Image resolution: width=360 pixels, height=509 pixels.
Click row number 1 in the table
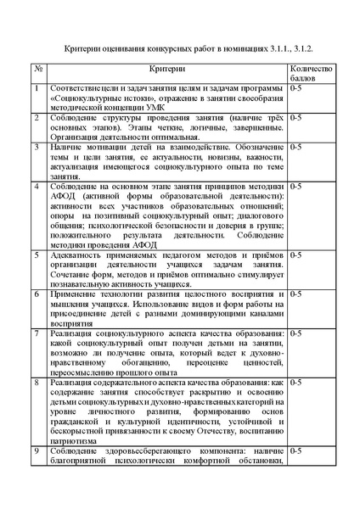pyautogui.click(x=37, y=87)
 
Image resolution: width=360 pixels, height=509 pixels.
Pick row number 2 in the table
pyautogui.click(x=37, y=115)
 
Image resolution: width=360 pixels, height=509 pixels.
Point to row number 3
pyautogui.click(x=37, y=146)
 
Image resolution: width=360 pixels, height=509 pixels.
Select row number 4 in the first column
pyautogui.click(x=37, y=184)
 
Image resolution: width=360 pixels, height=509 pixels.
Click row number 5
pyautogui.click(x=37, y=253)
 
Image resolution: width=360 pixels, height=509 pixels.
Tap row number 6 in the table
pyautogui.click(x=37, y=292)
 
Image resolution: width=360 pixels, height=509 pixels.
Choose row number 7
pyautogui.click(x=37, y=333)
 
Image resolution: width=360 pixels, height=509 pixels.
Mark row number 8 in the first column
pyautogui.click(x=37, y=382)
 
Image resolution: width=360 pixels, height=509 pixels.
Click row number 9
pyautogui.click(x=37, y=450)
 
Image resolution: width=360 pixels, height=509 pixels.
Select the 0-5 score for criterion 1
pyautogui.click(x=296, y=87)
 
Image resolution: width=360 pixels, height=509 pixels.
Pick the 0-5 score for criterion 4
pyautogui.click(x=296, y=184)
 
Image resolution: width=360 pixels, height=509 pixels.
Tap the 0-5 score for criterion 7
pyautogui.click(x=296, y=333)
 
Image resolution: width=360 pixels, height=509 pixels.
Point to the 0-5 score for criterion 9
pyautogui.click(x=296, y=450)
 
